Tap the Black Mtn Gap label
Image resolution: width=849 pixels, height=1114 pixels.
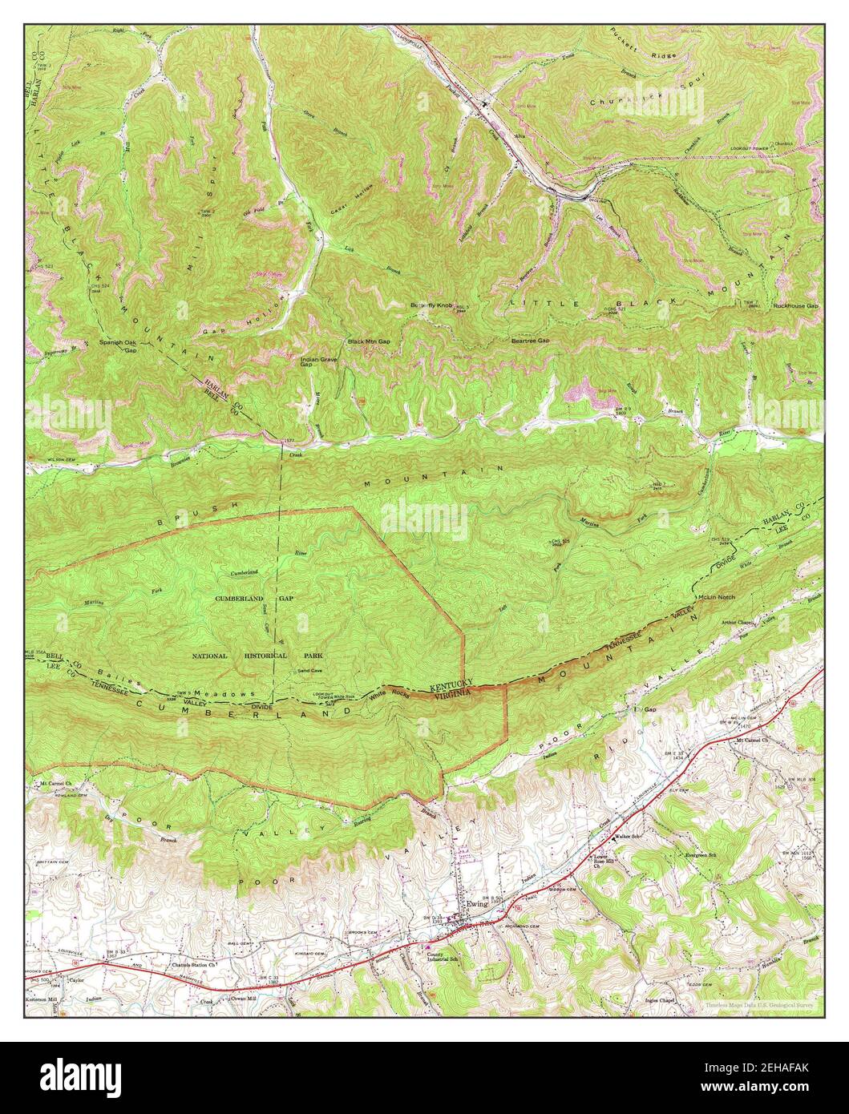(x=368, y=341)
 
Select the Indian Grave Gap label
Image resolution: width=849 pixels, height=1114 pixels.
(x=318, y=362)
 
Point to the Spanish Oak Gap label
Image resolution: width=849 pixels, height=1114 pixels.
(x=119, y=345)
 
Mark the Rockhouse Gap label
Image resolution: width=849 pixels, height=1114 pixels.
(x=795, y=306)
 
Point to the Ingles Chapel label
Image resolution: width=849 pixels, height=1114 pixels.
(x=663, y=1000)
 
